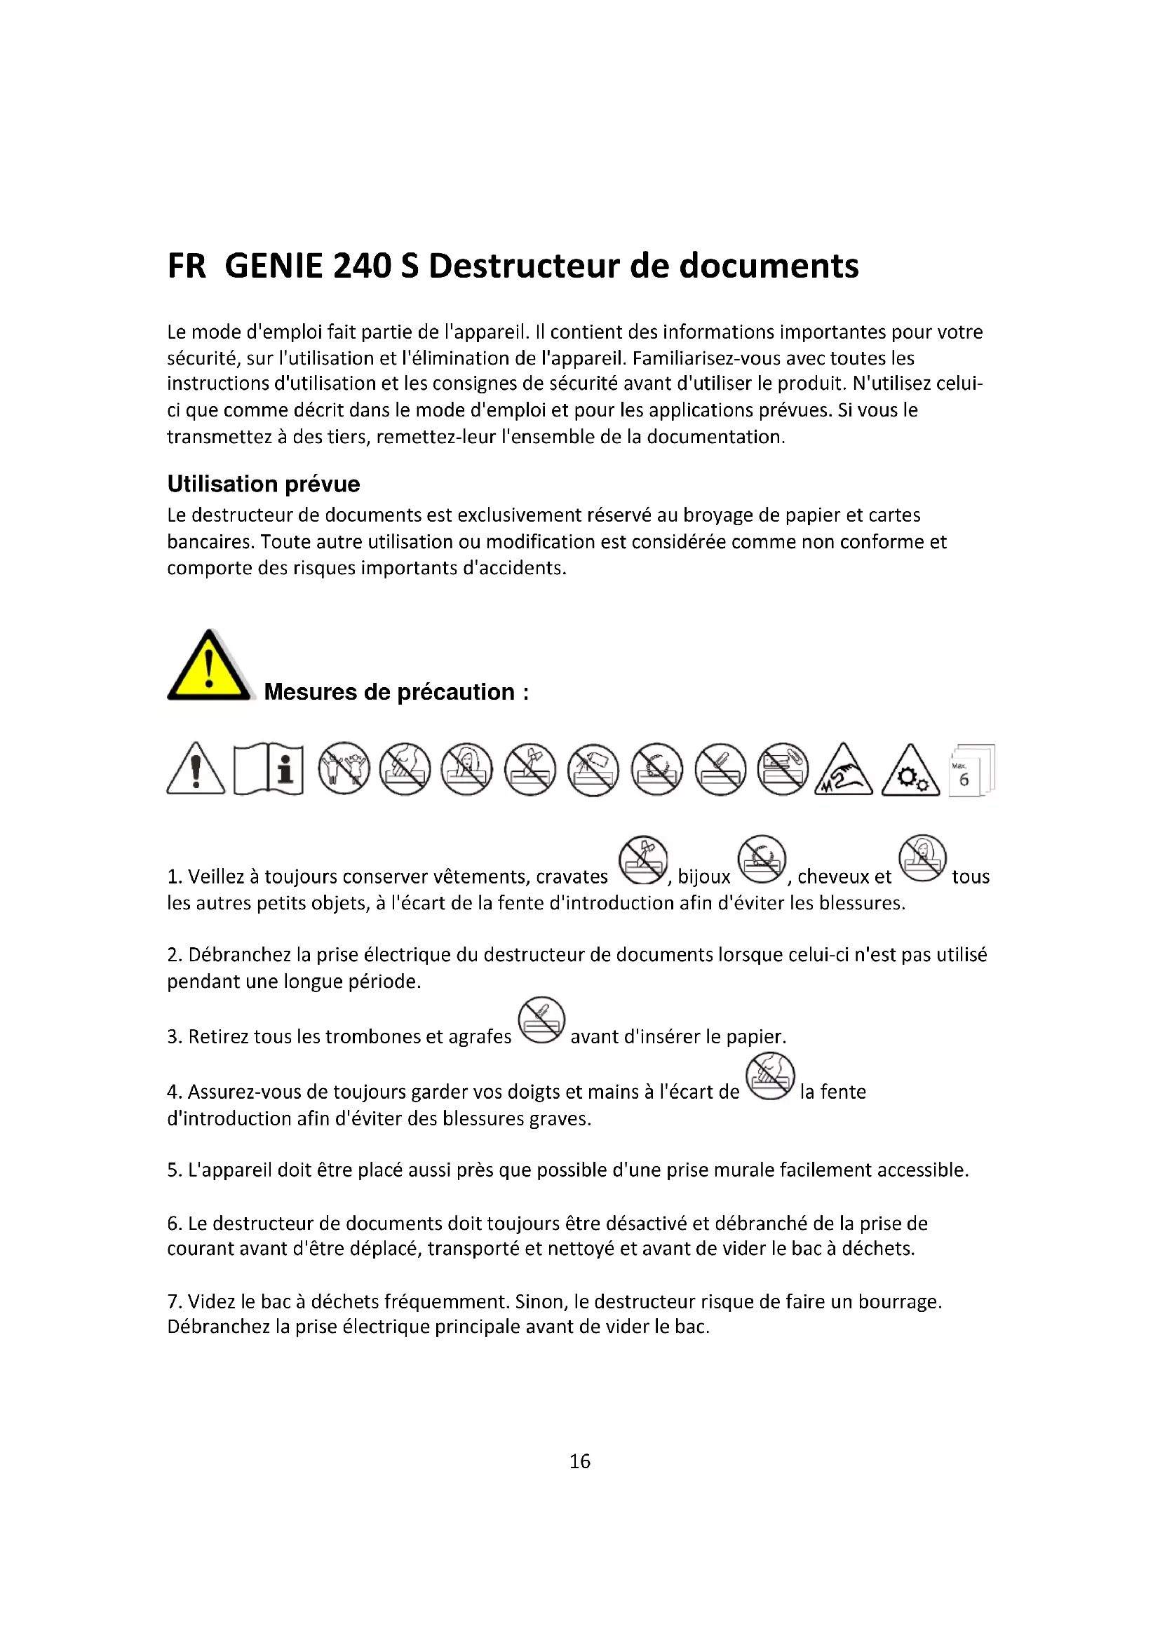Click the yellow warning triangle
[x=208, y=667]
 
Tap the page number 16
[x=579, y=1461]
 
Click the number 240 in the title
[x=361, y=266]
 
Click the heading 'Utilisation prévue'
[x=264, y=484]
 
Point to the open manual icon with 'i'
[x=269, y=769]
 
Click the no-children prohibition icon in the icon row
[x=344, y=768]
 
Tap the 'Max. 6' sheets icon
[x=971, y=770]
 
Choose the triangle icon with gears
[x=910, y=771]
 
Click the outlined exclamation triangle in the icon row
[x=196, y=769]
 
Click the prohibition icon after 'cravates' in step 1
[x=643, y=860]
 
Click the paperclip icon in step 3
[x=541, y=1020]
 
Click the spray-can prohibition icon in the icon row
[x=593, y=769]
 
